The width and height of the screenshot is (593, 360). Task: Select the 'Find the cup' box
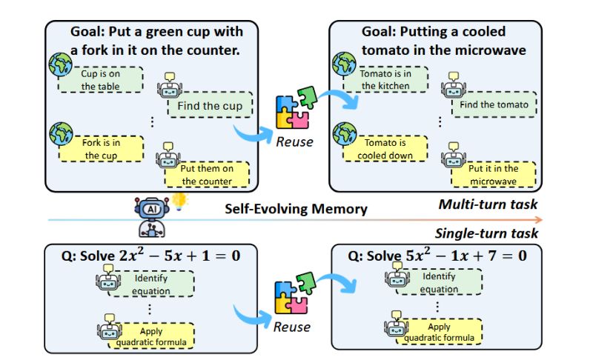210,106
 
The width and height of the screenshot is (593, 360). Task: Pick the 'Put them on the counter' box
208,174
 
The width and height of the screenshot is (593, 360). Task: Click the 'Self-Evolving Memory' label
296,209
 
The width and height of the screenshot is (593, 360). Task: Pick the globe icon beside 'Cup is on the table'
59,65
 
